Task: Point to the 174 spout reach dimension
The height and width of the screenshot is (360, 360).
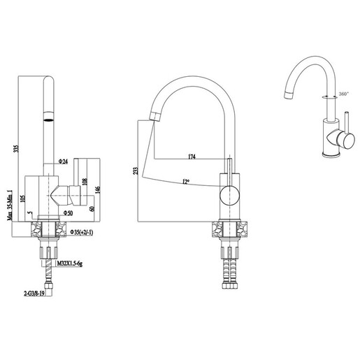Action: click(192, 157)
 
